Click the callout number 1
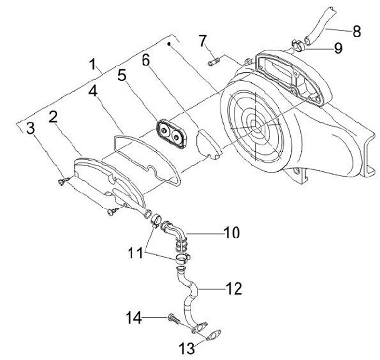[94, 65]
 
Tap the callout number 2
[53, 117]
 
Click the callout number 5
[122, 76]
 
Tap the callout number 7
[203, 40]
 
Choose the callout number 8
[356, 31]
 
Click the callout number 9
[338, 49]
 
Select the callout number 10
[231, 232]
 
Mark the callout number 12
[234, 288]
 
